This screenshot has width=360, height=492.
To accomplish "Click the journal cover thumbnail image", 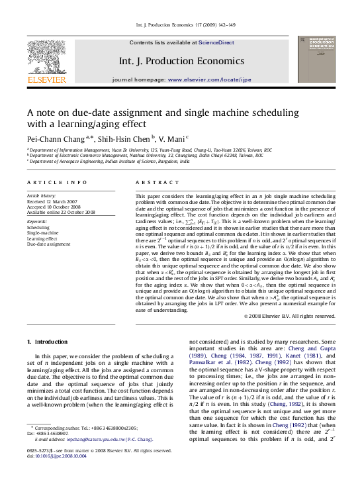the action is tap(316, 60).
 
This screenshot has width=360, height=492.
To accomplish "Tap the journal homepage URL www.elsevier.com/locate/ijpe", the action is tap(210, 79).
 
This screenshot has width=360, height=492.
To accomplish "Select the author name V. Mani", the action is tap(171, 139).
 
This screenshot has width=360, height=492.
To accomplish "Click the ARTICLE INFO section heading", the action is tap(57, 182).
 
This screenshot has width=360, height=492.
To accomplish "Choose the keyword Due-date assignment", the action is tap(48, 244).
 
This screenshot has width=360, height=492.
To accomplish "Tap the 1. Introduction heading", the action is tap(50, 342).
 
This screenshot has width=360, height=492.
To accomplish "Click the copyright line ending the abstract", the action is tap(290, 317).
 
